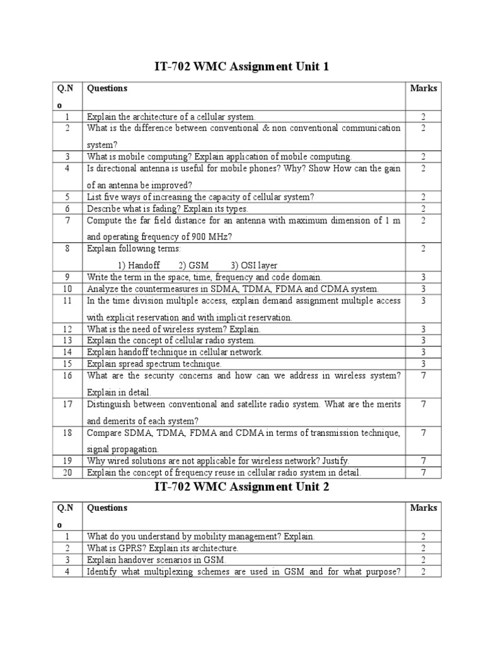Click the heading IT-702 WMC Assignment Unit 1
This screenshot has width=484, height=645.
242,66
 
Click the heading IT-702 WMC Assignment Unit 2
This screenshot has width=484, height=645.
242,486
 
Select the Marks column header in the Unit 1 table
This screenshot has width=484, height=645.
423,88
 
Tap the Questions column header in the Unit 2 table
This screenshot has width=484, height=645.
107,508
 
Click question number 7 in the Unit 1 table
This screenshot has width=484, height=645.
66,220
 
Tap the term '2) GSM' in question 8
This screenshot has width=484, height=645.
193,265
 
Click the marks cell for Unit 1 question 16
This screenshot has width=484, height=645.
423,375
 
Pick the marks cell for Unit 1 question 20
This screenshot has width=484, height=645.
423,472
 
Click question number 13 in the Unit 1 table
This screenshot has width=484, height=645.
66,341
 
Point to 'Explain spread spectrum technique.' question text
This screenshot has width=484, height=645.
154,364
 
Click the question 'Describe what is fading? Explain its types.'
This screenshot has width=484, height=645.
168,208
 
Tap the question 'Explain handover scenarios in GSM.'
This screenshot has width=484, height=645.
156,559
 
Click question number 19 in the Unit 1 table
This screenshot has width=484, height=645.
66,461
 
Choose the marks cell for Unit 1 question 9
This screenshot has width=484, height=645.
423,277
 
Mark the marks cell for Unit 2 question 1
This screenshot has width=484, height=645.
423,537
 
